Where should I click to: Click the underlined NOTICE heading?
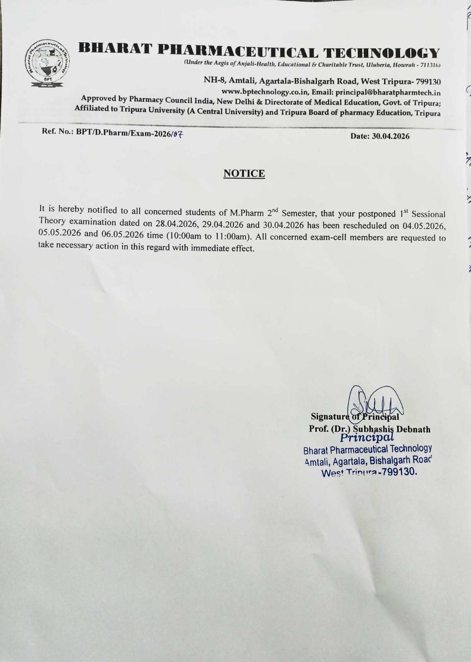click(x=244, y=173)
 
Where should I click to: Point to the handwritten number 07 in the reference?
click(x=177, y=133)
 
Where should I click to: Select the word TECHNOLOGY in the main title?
click(x=381, y=53)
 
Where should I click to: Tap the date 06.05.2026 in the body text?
click(x=122, y=234)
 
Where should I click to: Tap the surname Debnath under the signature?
click(x=413, y=429)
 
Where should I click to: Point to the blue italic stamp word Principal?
click(x=366, y=437)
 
